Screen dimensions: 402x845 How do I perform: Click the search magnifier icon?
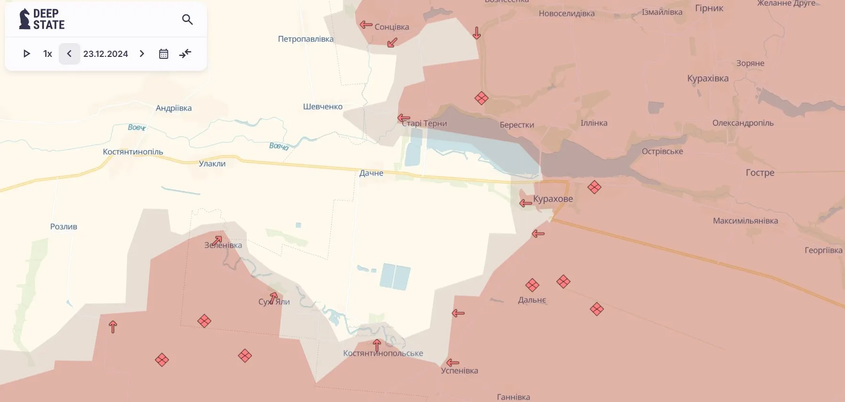pyautogui.click(x=187, y=20)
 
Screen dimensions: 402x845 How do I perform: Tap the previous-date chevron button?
pyautogui.click(x=69, y=54)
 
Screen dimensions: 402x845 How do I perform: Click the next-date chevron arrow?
pyautogui.click(x=142, y=54)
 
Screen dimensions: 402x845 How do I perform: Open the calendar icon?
pyautogui.click(x=163, y=54)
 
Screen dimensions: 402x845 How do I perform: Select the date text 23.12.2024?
pyautogui.click(x=106, y=54)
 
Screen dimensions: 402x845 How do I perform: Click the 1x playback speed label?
pyautogui.click(x=48, y=54)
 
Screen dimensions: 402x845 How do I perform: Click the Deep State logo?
pyautogui.click(x=42, y=19)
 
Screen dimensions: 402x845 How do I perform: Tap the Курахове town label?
pyautogui.click(x=553, y=199)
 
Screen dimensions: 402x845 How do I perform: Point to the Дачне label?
pyautogui.click(x=371, y=173)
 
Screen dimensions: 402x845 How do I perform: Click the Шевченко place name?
pyautogui.click(x=323, y=107)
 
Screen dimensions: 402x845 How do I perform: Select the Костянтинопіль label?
pyautogui.click(x=133, y=152)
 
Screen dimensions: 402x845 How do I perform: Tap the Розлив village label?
pyautogui.click(x=64, y=227)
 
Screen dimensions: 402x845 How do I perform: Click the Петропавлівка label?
pyautogui.click(x=306, y=39)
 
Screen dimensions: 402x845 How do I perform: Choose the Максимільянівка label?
pyautogui.click(x=745, y=221)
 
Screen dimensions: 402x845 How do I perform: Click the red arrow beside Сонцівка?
pyautogui.click(x=366, y=25)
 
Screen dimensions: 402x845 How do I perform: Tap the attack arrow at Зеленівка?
pyautogui.click(x=217, y=240)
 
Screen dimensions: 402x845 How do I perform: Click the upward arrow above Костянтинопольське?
pyautogui.click(x=377, y=345)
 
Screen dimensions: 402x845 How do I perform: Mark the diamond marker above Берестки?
pyautogui.click(x=481, y=98)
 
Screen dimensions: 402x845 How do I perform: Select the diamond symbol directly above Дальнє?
pyautogui.click(x=532, y=285)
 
